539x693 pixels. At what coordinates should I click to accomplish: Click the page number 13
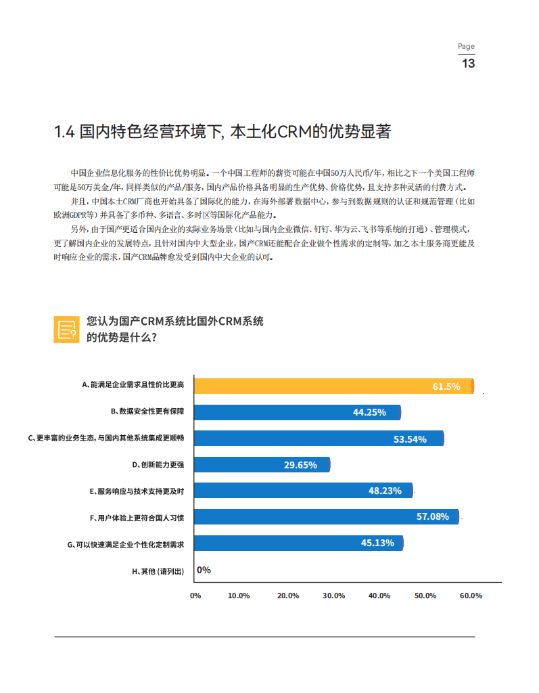[467, 64]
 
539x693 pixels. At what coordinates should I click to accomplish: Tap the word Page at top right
[466, 47]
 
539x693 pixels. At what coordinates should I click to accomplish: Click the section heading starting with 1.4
[222, 131]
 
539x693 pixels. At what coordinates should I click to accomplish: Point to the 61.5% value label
[446, 386]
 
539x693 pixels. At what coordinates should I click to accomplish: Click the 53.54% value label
[410, 439]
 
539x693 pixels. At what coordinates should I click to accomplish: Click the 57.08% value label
[433, 516]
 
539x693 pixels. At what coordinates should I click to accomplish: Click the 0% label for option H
[204, 570]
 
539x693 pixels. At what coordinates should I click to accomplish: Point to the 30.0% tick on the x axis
[334, 596]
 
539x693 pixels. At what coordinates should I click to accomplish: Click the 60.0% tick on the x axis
[471, 596]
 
